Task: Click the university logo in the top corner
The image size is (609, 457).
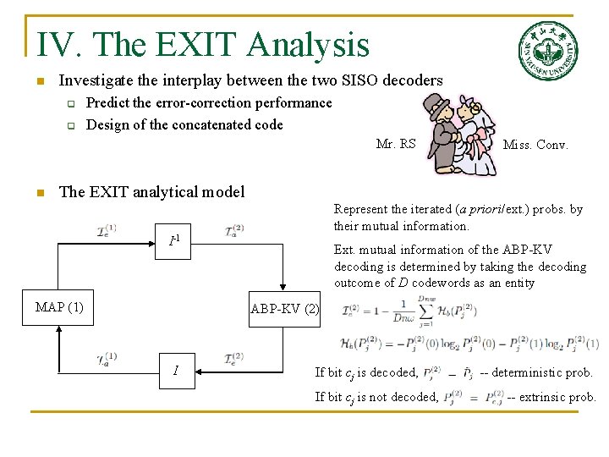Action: [548, 49]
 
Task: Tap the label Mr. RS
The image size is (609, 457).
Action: [396, 144]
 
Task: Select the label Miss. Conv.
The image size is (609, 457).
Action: [535, 145]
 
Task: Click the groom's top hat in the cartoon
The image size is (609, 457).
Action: [438, 107]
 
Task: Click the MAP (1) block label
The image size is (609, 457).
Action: [59, 307]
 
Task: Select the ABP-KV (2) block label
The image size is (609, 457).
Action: [285, 309]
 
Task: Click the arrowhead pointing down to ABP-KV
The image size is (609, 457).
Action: [285, 289]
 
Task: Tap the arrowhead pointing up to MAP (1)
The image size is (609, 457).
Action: [58, 326]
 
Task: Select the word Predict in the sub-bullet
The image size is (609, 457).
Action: [110, 103]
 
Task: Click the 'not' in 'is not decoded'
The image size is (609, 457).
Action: [383, 397]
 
